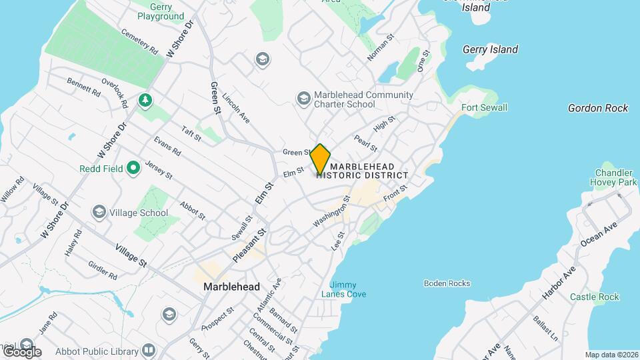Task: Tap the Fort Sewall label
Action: pos(485,107)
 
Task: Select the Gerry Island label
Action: pos(490,49)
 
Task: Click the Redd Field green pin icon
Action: pos(133,169)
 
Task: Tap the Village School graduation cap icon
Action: pos(99,213)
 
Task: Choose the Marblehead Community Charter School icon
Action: pos(304,99)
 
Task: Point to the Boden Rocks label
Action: pos(447,283)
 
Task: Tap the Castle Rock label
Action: pos(595,297)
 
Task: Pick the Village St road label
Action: pos(130,255)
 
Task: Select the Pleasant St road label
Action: pos(249,245)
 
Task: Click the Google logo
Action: pos(21,351)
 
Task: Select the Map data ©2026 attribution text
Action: pos(611,355)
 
